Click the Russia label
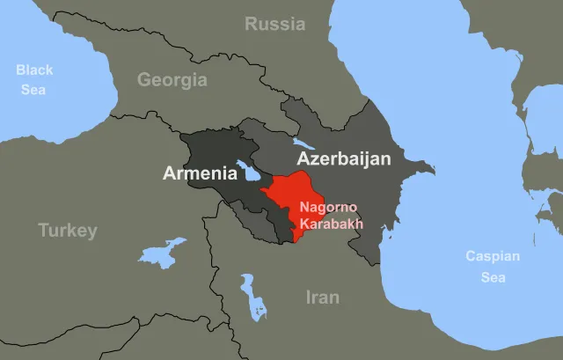click(x=275, y=24)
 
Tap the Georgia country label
click(x=172, y=80)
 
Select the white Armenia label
click(x=200, y=173)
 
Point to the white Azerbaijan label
click(x=349, y=159)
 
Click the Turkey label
click(x=67, y=231)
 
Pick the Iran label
click(x=322, y=298)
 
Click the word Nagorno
click(x=327, y=208)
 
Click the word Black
click(x=34, y=70)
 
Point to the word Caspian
click(x=493, y=257)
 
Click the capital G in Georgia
click(x=143, y=80)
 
